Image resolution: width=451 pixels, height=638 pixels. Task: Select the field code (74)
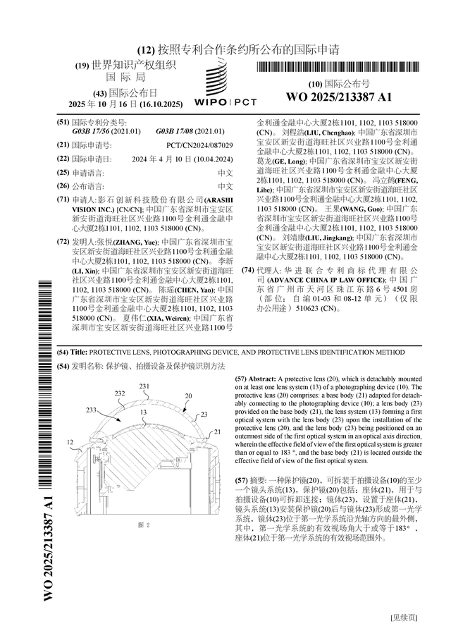pos(247,270)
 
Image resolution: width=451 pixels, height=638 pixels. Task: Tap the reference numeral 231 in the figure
pos(144,387)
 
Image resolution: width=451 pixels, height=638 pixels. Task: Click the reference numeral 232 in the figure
pos(121,393)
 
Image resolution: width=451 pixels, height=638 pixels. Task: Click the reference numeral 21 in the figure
pos(218,431)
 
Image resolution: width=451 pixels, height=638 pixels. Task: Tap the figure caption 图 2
pos(144,524)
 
